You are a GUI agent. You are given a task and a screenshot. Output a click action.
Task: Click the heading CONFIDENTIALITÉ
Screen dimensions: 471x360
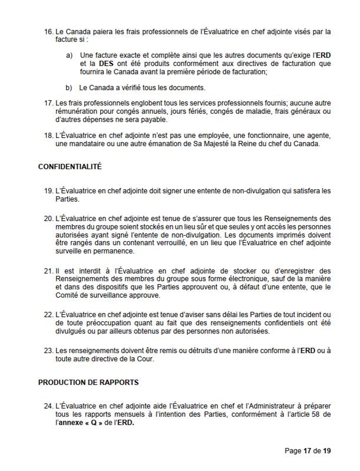pyautogui.click(x=70, y=166)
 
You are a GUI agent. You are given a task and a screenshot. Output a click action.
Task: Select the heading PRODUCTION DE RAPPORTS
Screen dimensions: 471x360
pyautogui.click(x=88, y=382)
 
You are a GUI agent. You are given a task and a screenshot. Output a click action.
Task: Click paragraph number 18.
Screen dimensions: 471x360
pyautogui.click(x=48, y=135)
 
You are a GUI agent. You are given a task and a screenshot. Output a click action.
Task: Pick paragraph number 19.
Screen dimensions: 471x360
pyautogui.click(x=48, y=192)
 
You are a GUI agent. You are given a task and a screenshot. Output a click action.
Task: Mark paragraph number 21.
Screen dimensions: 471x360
pyautogui.click(x=48, y=271)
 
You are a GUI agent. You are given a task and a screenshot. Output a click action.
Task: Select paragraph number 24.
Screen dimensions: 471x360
pyautogui.click(x=48, y=406)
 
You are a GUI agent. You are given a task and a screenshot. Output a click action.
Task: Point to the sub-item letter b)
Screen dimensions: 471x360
pyautogui.click(x=69, y=88)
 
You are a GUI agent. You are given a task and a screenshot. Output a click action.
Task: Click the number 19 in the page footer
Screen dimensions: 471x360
pyautogui.click(x=326, y=451)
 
